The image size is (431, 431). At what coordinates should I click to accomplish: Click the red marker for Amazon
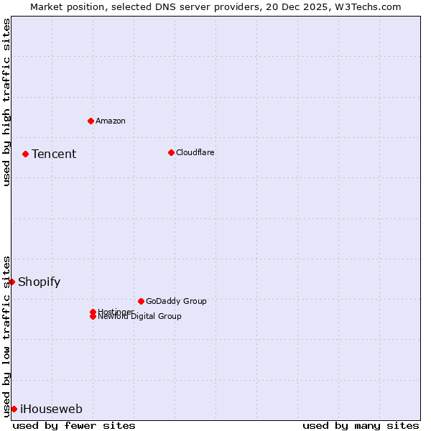click(x=91, y=121)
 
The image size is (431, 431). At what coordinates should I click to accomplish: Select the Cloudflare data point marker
click(x=171, y=152)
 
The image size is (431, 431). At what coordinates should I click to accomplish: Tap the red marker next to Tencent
click(x=25, y=154)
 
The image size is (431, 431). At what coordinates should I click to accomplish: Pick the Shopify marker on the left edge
click(x=11, y=282)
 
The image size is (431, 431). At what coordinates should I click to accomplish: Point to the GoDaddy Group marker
click(x=141, y=301)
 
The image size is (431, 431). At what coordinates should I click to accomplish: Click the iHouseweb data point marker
click(x=14, y=409)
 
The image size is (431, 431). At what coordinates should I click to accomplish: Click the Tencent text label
click(x=54, y=154)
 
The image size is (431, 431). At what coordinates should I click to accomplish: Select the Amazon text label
click(x=111, y=121)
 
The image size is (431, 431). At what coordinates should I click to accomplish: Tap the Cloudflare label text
click(x=195, y=152)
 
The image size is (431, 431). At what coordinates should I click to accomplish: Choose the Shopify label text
click(x=40, y=282)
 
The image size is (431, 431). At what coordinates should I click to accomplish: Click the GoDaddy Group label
click(x=176, y=301)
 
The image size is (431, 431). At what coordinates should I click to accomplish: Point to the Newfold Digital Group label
click(x=140, y=317)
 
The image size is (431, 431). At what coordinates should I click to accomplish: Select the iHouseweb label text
click(x=51, y=409)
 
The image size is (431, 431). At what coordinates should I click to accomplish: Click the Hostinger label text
click(x=116, y=311)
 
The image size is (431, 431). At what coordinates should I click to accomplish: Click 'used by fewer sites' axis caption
click(x=74, y=425)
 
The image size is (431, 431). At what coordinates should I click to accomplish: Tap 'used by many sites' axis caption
click(x=361, y=425)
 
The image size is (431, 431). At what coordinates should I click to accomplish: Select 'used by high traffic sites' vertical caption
click(x=6, y=102)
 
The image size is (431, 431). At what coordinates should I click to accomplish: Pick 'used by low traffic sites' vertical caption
click(x=6, y=335)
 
